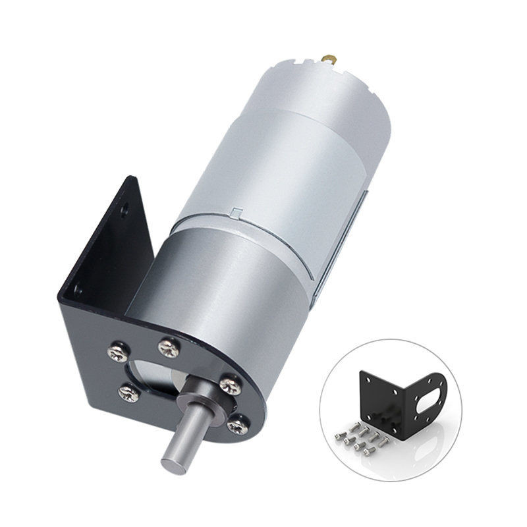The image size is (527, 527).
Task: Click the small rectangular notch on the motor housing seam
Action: [x=235, y=213]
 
